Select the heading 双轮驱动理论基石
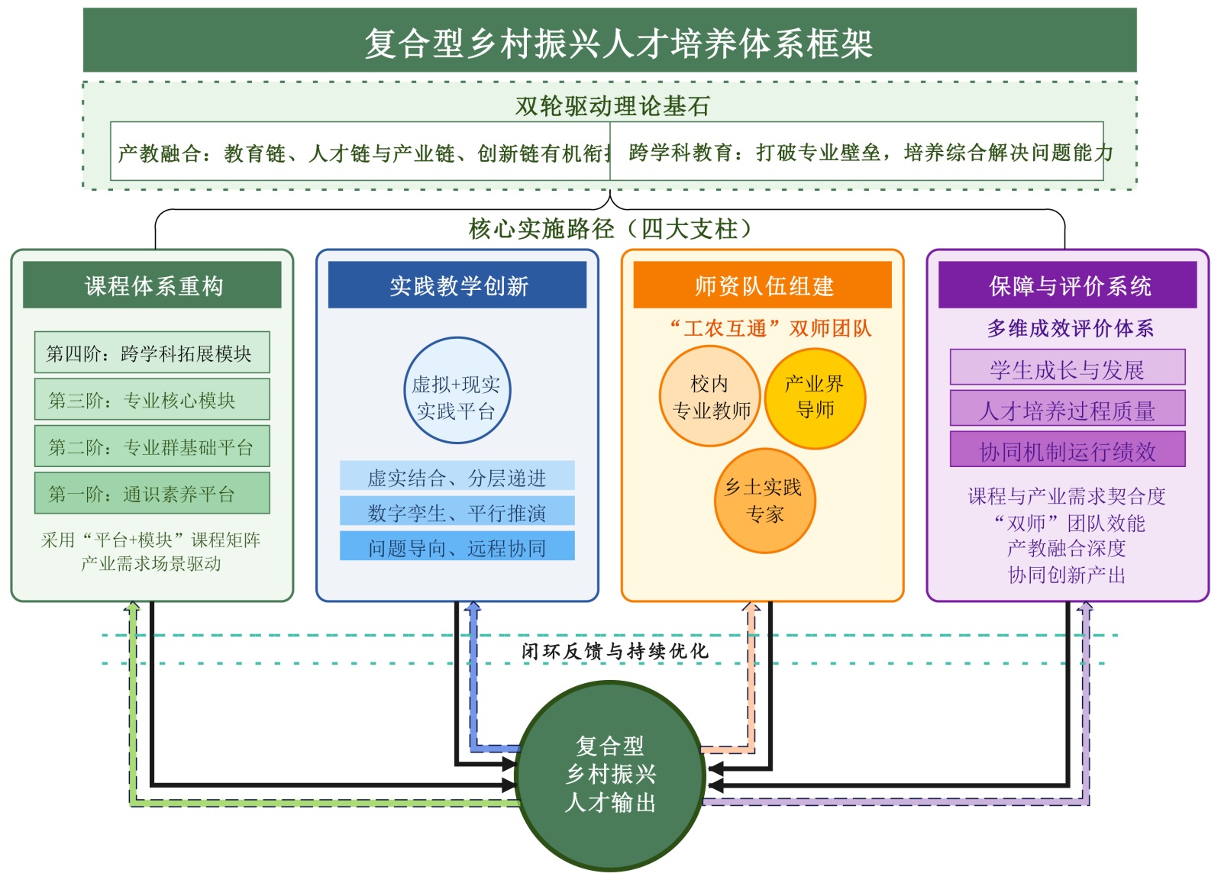pyautogui.click(x=612, y=105)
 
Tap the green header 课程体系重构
pyautogui.click(x=153, y=285)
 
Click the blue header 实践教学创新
pyautogui.click(x=458, y=285)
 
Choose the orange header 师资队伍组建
pyautogui.click(x=763, y=285)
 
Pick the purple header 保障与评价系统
pyautogui.click(x=1068, y=285)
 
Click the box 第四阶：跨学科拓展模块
pyautogui.click(x=152, y=353)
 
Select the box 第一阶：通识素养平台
pyautogui.click(x=152, y=493)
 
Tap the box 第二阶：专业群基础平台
pyautogui.click(x=152, y=446)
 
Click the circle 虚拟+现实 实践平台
pyautogui.click(x=457, y=391)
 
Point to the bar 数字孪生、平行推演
pyautogui.click(x=457, y=512)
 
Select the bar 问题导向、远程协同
pyautogui.click(x=457, y=547)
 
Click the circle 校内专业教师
pyautogui.click(x=710, y=397)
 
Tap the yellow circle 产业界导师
pyautogui.click(x=816, y=397)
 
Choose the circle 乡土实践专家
pyautogui.click(x=764, y=501)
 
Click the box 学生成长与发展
pyautogui.click(x=1068, y=369)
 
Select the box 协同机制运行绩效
pyautogui.click(x=1068, y=451)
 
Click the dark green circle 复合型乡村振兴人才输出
pyautogui.click(x=610, y=775)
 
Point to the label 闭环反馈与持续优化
pyautogui.click(x=615, y=651)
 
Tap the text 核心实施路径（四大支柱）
pyautogui.click(x=610, y=228)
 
